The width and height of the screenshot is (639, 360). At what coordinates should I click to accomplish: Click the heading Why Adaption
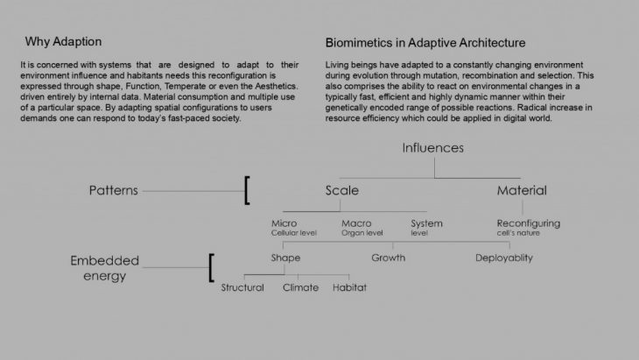click(64, 42)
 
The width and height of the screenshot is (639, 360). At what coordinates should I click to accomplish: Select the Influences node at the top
click(433, 147)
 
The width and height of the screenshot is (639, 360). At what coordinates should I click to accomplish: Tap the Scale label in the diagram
click(341, 190)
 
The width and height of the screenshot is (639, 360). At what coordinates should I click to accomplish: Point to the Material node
click(522, 190)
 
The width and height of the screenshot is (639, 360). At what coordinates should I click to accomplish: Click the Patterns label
click(115, 190)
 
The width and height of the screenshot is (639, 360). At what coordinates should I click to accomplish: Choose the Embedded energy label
click(104, 268)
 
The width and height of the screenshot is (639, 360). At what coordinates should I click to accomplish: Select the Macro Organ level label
click(362, 228)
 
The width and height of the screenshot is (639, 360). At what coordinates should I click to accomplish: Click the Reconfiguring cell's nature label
click(528, 228)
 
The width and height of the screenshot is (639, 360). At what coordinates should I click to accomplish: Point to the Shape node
click(285, 258)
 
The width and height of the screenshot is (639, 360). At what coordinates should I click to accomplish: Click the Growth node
click(388, 258)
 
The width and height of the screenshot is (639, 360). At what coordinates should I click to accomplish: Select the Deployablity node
click(504, 258)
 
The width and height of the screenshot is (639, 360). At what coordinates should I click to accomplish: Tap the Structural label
click(242, 288)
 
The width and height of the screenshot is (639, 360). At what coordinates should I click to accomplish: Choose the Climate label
click(300, 288)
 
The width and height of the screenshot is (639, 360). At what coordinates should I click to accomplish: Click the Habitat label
click(349, 288)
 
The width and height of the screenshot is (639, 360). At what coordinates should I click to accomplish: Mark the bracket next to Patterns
click(247, 190)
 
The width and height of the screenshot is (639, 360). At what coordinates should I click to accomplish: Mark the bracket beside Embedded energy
click(211, 267)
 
